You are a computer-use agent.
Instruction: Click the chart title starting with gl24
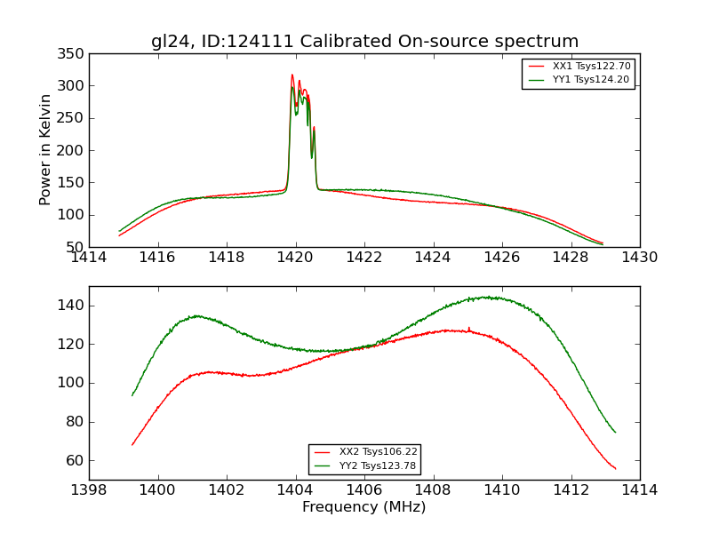coord(364,42)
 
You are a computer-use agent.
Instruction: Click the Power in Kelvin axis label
coord(45,150)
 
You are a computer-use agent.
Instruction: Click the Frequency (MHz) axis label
coord(364,507)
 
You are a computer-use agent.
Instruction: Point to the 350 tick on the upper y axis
coord(74,54)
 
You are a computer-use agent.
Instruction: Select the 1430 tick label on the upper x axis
coord(640,258)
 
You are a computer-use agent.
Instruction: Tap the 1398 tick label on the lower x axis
coord(89,490)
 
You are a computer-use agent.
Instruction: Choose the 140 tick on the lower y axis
coord(74,306)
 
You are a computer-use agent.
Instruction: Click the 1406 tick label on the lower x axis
coord(364,490)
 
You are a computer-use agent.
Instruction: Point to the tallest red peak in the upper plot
coord(292,75)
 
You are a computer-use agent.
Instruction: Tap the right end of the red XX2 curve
coord(615,468)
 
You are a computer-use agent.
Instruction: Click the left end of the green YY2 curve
coord(132,395)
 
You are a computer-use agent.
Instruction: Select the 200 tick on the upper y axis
coord(74,150)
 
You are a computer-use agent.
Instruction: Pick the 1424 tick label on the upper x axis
coord(433,258)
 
